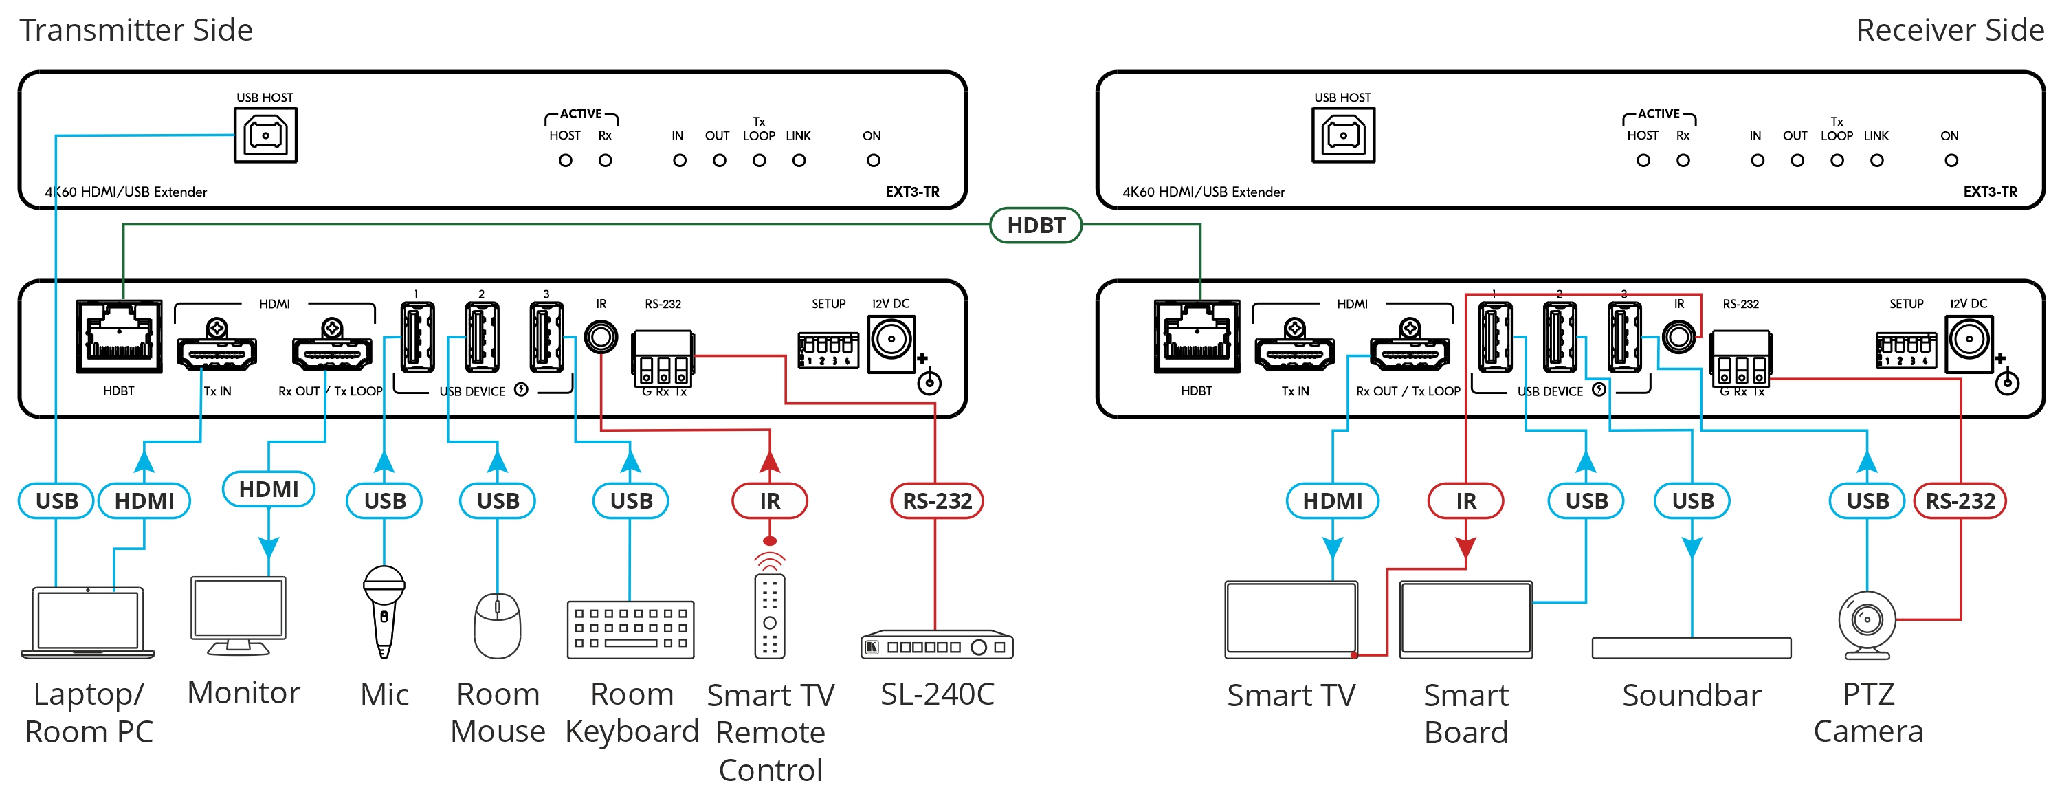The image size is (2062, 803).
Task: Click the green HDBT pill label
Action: click(1036, 225)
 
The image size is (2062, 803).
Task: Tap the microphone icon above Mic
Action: click(384, 610)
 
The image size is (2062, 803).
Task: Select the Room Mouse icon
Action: click(497, 625)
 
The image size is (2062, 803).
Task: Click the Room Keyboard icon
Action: click(631, 630)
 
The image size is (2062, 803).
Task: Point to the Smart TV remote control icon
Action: click(769, 615)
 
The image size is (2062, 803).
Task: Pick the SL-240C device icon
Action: click(937, 646)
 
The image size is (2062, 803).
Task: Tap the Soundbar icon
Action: click(1692, 648)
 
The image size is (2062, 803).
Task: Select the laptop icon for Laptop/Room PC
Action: click(88, 623)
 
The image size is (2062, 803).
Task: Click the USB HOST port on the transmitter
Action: click(266, 135)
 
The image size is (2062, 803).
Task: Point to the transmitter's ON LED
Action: click(874, 161)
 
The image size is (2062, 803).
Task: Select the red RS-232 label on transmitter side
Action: click(937, 501)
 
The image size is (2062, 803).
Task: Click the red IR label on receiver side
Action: click(1465, 501)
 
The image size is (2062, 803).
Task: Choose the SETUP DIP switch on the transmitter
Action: click(828, 350)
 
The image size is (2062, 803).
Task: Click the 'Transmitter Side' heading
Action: click(136, 30)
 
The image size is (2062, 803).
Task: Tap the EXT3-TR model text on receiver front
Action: click(1990, 192)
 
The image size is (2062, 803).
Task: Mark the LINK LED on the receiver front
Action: click(1877, 161)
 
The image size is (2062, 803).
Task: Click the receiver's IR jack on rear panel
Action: click(1678, 337)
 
